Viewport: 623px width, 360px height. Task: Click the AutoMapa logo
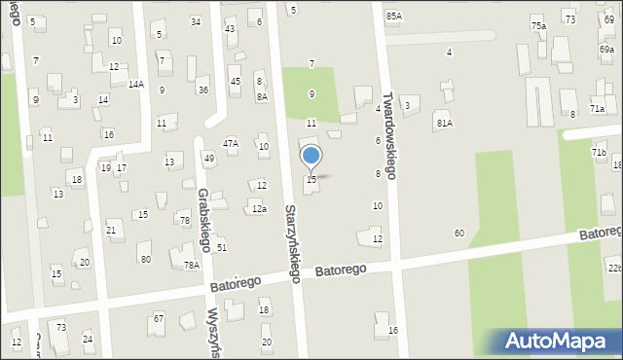[x=561, y=341]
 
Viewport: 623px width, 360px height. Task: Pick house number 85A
[x=393, y=16]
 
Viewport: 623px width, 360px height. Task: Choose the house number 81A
[x=444, y=123]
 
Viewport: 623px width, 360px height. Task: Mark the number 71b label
[x=599, y=153]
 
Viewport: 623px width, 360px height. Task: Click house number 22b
[x=613, y=268]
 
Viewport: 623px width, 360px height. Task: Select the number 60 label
[x=458, y=234]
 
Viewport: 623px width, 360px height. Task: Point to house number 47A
[x=231, y=143]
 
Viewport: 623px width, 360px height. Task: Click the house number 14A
[x=135, y=85]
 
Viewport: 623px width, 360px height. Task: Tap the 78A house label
[x=192, y=265]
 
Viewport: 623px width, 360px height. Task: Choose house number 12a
[x=258, y=208]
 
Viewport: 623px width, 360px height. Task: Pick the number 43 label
[x=230, y=28]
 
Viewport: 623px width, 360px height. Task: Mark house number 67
[x=159, y=319]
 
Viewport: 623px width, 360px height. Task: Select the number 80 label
[x=145, y=259]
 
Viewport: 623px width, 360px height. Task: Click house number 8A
[x=262, y=96]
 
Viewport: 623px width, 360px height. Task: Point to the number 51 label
[x=222, y=247]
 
